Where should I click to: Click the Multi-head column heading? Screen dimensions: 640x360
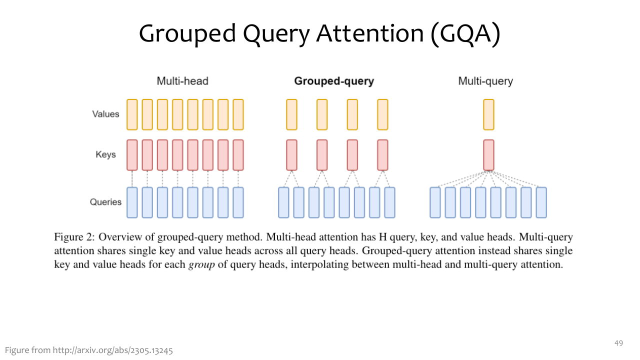(x=182, y=81)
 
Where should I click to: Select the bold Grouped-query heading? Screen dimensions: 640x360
(x=334, y=81)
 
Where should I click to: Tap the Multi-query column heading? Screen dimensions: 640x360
(x=485, y=81)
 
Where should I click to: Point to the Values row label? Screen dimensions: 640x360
(x=105, y=114)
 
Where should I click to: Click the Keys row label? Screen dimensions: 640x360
(x=105, y=154)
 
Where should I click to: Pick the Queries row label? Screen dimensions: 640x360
(x=105, y=202)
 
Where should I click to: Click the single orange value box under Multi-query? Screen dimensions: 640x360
(x=488, y=114)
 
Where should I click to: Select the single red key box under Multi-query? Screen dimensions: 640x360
(x=488, y=155)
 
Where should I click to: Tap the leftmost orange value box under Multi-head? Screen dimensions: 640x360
(x=132, y=114)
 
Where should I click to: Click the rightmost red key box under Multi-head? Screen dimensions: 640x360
(x=238, y=155)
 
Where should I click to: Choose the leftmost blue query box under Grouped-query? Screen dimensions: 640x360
(x=283, y=202)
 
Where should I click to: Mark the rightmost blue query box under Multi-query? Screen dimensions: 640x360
(x=541, y=202)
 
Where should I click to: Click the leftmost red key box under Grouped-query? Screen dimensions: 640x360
(x=291, y=155)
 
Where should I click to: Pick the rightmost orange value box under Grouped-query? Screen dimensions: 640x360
(x=382, y=114)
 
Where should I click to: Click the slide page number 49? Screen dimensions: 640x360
(x=618, y=343)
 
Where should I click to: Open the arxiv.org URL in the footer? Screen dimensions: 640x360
(x=113, y=350)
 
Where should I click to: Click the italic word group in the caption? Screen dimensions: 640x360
(x=201, y=265)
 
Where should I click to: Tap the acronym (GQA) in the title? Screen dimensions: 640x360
(x=465, y=33)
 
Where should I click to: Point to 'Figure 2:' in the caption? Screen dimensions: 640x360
(x=74, y=237)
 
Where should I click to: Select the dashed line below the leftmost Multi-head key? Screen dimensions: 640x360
(x=132, y=179)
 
